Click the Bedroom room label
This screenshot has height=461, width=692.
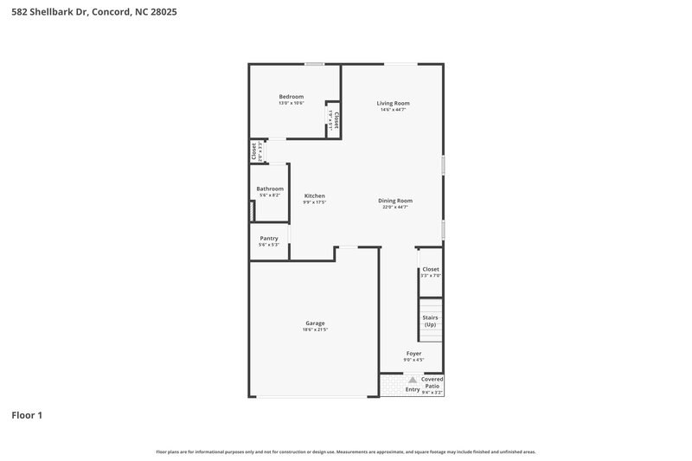291,96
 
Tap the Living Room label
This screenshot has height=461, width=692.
393,103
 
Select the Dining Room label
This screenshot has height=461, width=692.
394,201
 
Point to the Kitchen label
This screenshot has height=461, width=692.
314,195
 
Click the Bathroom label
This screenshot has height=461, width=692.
269,189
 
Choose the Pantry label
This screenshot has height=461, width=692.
268,238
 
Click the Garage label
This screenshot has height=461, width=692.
314,323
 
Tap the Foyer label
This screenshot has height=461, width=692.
413,354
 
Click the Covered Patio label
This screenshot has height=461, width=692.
432,382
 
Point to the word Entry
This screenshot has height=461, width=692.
413,388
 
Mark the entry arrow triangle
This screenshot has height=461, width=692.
413,379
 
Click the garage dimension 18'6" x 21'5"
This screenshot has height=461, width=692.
314,330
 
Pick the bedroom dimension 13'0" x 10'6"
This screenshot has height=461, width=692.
291,103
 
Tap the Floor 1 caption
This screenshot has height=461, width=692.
27,415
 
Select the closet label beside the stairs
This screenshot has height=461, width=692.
430,269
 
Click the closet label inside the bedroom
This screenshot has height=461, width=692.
336,120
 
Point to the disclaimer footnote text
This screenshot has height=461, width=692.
345,451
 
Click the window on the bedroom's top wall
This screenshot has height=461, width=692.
314,63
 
